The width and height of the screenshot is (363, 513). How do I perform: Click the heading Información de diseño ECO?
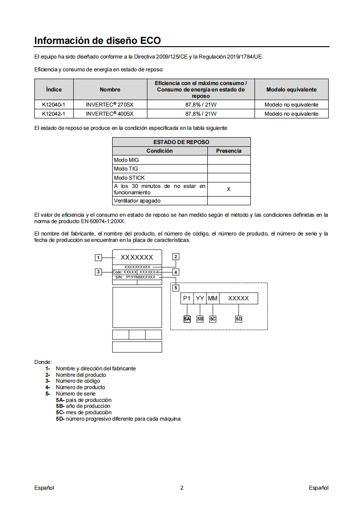(x=98, y=41)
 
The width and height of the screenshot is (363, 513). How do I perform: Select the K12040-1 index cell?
(x=54, y=105)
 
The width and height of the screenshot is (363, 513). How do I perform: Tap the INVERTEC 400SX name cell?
(x=110, y=114)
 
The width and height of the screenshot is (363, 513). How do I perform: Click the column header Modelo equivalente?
(x=291, y=90)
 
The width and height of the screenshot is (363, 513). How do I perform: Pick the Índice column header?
(x=54, y=90)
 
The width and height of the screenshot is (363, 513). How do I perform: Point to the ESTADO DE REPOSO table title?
(x=181, y=142)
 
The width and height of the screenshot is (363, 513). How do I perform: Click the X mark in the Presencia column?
(x=229, y=189)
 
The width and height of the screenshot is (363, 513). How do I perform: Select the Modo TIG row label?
(x=126, y=169)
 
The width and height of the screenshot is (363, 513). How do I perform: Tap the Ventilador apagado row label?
(x=137, y=201)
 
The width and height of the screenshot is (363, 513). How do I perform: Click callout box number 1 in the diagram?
(x=98, y=257)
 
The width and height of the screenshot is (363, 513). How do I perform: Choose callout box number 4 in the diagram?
(x=175, y=272)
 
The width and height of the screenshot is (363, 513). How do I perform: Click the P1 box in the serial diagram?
(x=187, y=299)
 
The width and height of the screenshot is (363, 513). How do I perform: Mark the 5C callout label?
(x=213, y=319)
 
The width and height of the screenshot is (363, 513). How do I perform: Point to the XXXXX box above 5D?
(x=238, y=299)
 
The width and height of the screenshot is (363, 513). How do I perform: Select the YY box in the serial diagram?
(x=200, y=299)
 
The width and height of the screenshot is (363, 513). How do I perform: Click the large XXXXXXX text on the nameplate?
(x=137, y=257)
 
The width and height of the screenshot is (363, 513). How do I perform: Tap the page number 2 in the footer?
(x=182, y=488)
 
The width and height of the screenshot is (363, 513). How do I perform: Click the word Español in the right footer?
(x=319, y=488)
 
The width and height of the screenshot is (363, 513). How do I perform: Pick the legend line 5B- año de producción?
(x=83, y=406)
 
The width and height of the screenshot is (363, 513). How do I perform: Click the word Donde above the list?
(x=43, y=362)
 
